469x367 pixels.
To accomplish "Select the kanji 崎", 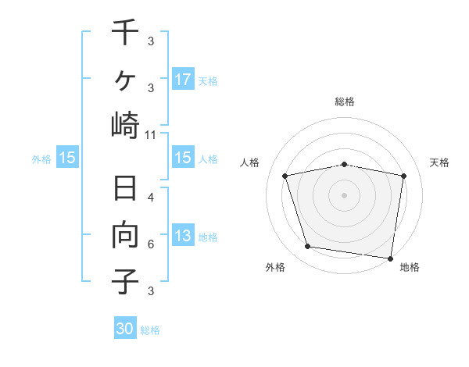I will coord(125,124).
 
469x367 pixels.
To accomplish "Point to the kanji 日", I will coord(125,190).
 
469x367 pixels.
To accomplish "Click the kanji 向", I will coord(125,235).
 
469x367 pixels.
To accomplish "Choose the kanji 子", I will coord(125,281).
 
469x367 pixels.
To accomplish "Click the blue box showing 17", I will coord(182,79).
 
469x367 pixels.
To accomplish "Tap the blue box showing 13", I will coord(182,236).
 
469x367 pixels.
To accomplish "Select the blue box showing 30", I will coord(125,329).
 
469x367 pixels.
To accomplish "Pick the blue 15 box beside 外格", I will coord(66,158).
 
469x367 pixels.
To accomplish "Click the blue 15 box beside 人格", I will coord(182,158).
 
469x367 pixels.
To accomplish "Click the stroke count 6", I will coord(151,244).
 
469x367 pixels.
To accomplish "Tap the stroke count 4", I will coord(151,198).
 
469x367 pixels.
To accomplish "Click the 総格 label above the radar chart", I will coord(345,102).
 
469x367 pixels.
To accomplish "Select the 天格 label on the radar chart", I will coord(440,162).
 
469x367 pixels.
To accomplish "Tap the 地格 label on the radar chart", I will coord(410,267).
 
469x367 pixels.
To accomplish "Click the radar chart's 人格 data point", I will coord(285,176).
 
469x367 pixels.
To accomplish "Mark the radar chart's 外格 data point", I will coord(308,247).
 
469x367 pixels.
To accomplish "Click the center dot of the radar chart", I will coord(345,195).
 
